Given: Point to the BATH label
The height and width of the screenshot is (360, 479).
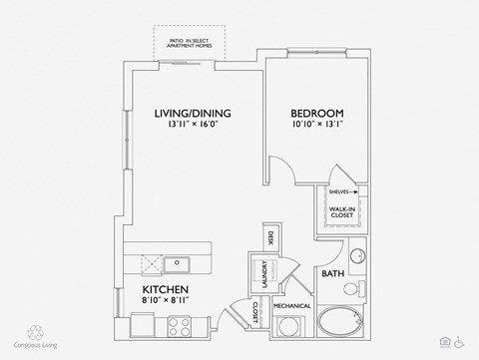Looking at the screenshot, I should click(331, 272).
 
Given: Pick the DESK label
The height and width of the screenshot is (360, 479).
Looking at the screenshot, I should click(270, 238).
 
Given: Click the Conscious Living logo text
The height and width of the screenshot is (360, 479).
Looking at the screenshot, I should click(37, 346).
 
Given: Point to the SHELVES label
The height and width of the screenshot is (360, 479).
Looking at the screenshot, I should click(336, 189).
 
